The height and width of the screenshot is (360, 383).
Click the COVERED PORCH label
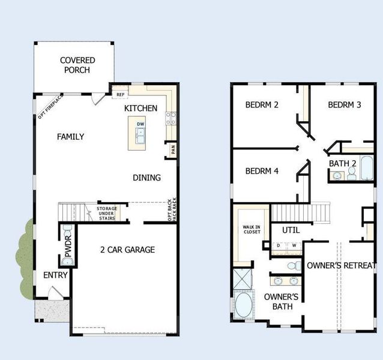76,65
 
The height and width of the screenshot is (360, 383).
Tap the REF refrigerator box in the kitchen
121,94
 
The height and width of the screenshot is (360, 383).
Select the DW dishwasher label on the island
140,124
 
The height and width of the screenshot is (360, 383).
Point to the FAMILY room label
70,137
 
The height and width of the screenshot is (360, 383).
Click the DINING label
146,178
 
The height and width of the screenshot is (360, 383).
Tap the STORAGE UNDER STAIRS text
107,213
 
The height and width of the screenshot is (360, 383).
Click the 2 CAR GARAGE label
127,250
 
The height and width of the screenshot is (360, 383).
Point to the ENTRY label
55,275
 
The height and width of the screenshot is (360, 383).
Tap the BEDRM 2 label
262,105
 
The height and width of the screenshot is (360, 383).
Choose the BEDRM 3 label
344,105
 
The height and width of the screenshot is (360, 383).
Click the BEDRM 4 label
262,171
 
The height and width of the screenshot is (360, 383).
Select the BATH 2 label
342,163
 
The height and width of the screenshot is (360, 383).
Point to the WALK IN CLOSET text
252,230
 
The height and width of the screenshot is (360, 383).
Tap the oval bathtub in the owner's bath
245,305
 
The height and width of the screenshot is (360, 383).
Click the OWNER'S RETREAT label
342,265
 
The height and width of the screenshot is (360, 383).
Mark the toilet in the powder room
67,231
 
